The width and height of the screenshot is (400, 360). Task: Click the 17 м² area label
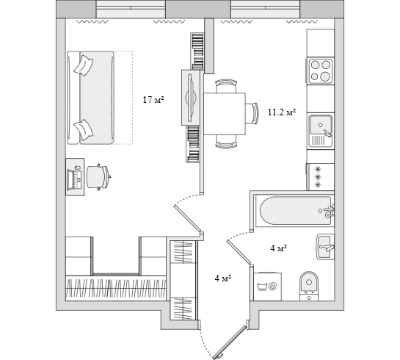click(x=153, y=100)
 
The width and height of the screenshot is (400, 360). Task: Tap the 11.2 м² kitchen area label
click(x=282, y=112)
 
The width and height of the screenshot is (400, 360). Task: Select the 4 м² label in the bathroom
click(x=279, y=248)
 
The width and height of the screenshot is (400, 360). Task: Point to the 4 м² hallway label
click(x=223, y=278)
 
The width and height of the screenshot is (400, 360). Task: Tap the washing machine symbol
click(x=268, y=287)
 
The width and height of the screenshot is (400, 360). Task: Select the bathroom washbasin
click(x=326, y=247)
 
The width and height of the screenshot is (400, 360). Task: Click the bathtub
click(x=295, y=211)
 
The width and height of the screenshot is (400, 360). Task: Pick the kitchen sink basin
click(x=321, y=131)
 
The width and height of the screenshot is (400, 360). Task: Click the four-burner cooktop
click(x=321, y=71)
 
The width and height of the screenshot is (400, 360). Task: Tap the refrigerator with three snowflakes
click(x=321, y=176)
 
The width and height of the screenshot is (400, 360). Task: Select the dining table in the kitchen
click(x=225, y=114)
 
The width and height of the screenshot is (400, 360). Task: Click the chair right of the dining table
click(x=252, y=113)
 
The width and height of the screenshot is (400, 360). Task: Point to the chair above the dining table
click(x=226, y=86)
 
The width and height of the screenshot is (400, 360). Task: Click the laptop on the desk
click(x=74, y=179)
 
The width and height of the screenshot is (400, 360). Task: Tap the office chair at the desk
click(x=98, y=177)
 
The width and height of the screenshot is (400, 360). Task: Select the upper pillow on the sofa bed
click(x=84, y=65)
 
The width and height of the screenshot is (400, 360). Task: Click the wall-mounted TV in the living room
click(x=191, y=98)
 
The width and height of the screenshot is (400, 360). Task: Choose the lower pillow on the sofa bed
click(x=84, y=129)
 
